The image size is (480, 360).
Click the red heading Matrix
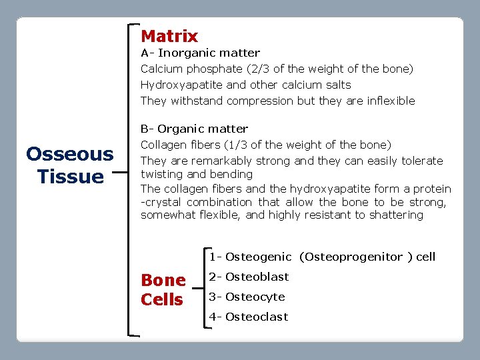pyautogui.click(x=169, y=36)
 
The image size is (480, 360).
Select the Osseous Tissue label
pyautogui.click(x=69, y=165)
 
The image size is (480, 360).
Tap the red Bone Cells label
pyautogui.click(x=163, y=290)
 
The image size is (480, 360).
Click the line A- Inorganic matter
pyautogui.click(x=200, y=53)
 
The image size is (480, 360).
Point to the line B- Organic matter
pyautogui.click(x=194, y=129)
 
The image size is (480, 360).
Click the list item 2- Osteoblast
pyautogui.click(x=249, y=277)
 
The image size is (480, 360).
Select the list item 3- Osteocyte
pyautogui.click(x=247, y=297)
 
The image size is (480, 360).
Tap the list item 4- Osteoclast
pyautogui.click(x=249, y=317)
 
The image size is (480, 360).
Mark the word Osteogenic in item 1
pyautogui.click(x=258, y=257)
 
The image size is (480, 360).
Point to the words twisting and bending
pyautogui.click(x=197, y=174)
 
